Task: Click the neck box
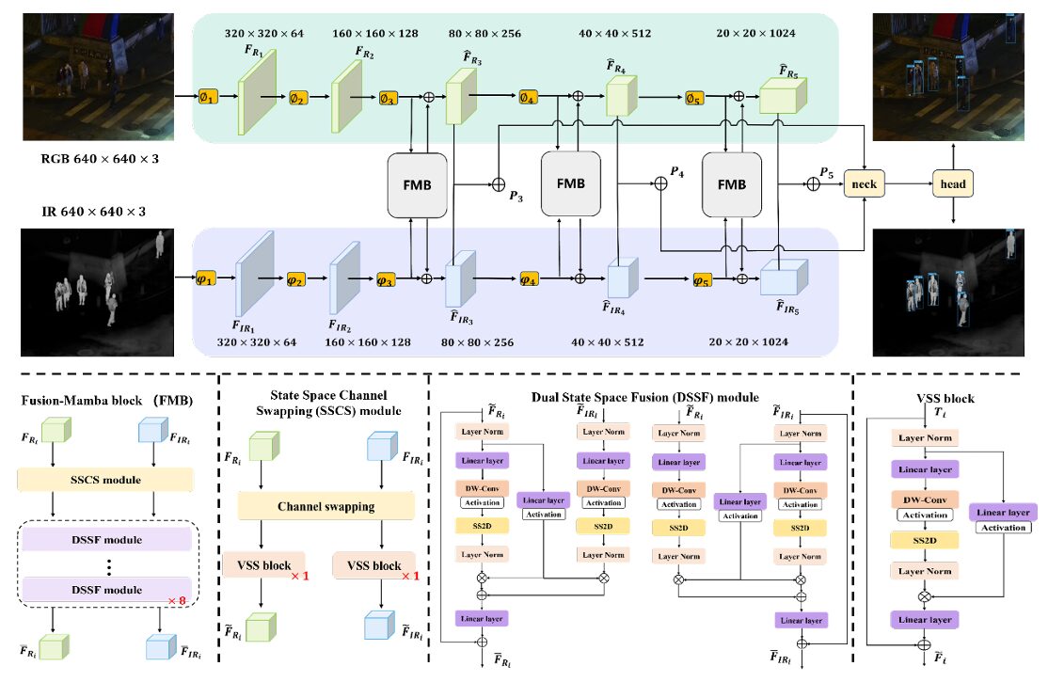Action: click(x=865, y=184)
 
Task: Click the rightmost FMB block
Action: click(x=731, y=185)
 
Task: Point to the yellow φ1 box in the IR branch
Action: click(x=207, y=278)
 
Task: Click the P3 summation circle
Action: click(x=500, y=184)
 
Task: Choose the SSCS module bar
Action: click(x=108, y=480)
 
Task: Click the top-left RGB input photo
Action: click(x=89, y=73)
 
